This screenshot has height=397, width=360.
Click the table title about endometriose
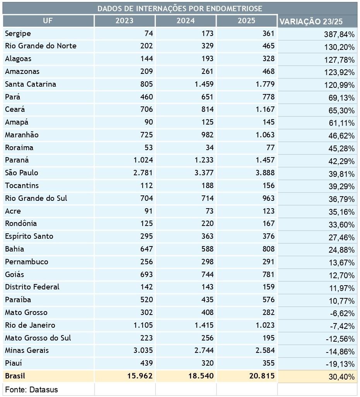180,8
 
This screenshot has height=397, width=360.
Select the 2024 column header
186,21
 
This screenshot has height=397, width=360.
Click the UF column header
48,21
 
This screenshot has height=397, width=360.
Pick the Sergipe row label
18,34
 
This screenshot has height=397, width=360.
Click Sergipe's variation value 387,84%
339,34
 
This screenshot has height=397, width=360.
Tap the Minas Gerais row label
27,351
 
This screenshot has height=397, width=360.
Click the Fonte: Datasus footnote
31,389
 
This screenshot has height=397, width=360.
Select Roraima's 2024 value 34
209,147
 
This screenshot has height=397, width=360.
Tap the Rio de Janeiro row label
30,325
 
